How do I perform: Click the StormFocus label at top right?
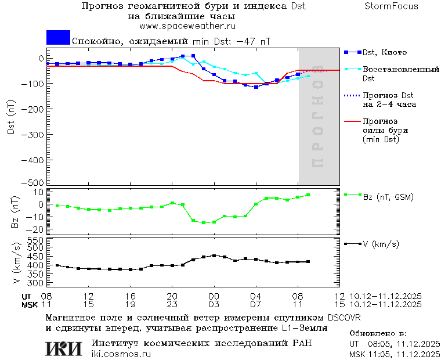pos(391,6)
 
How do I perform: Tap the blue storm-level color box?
pos(58,37)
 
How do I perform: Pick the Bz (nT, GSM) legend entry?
pos(388,197)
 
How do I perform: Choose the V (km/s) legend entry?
pos(381,244)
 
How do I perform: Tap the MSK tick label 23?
pos(172,304)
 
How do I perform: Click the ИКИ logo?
pos(63,348)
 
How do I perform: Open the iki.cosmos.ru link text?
pos(121,354)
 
